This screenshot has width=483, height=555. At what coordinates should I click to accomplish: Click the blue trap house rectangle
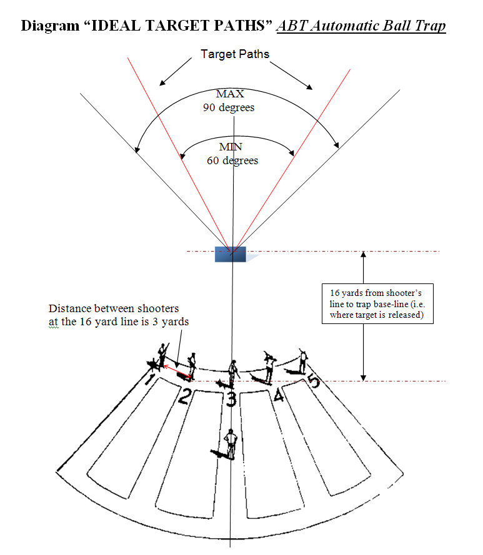click(x=230, y=253)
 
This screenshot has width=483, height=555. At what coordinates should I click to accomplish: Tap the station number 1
click(x=150, y=380)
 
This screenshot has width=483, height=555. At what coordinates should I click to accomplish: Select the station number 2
click(x=185, y=395)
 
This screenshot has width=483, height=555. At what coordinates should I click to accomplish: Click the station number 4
click(x=277, y=395)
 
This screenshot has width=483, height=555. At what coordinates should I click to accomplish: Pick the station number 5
click(x=314, y=380)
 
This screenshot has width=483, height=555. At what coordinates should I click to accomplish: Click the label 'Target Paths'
click(x=235, y=54)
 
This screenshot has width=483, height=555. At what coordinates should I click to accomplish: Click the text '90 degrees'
click(x=229, y=107)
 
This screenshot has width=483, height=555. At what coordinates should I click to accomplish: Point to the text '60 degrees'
click(x=232, y=160)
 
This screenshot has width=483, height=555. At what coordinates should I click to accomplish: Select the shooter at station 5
click(x=303, y=360)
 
